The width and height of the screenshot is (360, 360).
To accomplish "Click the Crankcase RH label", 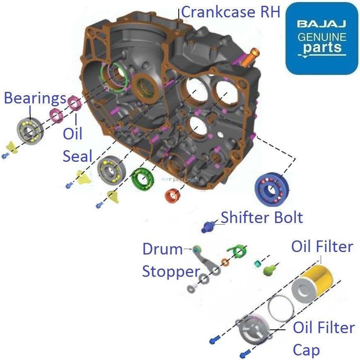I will (x=230, y=12).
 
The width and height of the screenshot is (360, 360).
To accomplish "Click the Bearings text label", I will (x=35, y=98).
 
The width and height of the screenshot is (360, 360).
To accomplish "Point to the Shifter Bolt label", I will (x=262, y=217).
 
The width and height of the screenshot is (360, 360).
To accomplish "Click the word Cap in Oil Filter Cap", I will (x=306, y=350).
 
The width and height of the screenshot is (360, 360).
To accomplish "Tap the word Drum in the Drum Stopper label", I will (x=162, y=249).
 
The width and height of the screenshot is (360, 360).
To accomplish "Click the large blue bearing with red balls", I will (x=271, y=190).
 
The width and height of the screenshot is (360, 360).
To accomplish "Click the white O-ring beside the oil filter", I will (x=281, y=308).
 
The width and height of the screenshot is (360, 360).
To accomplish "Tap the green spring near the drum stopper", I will (x=236, y=251).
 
